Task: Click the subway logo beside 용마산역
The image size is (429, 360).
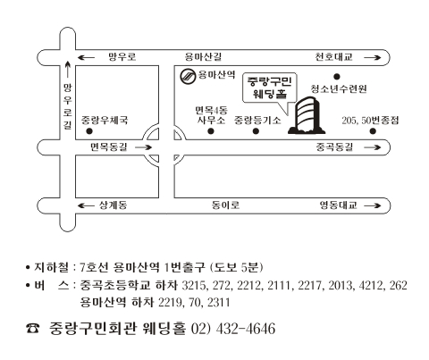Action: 188,76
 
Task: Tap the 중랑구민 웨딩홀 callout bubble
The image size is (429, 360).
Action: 270,88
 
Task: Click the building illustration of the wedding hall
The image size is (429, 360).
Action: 307,115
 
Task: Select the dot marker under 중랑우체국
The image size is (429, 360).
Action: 89,131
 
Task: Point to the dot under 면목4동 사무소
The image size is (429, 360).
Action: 211,131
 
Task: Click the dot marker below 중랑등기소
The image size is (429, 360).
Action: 256,131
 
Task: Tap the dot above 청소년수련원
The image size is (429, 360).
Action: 337,77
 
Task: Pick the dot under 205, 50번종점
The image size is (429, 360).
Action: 373,131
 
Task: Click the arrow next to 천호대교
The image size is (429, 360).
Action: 373,57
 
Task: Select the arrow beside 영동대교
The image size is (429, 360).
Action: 373,205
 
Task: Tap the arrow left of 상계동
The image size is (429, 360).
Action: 86,205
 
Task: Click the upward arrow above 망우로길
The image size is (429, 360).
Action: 68,70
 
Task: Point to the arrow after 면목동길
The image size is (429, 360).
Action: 143,147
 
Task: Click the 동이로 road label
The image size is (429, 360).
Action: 225,205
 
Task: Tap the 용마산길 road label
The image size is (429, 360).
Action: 203,56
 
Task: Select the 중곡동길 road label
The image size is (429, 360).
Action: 334,147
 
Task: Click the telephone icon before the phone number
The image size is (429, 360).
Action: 33,328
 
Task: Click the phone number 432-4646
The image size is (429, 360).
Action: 246,329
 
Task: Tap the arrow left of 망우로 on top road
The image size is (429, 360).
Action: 86,57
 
